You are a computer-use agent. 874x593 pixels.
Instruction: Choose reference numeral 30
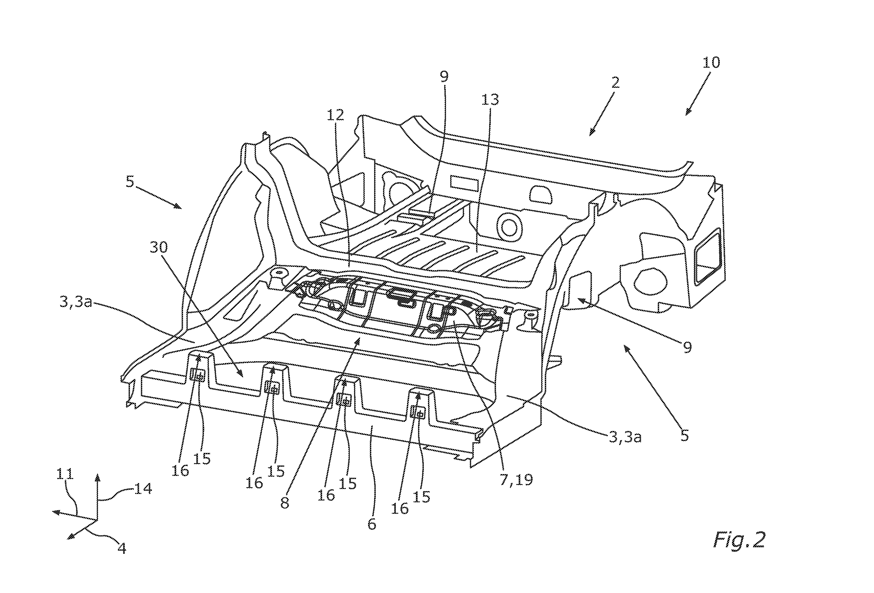(159, 247)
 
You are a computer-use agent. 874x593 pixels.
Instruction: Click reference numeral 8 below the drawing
(285, 503)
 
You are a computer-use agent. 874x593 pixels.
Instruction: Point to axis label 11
(65, 474)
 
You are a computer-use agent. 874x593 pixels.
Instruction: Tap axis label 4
(122, 548)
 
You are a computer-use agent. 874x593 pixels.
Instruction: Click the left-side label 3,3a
(76, 302)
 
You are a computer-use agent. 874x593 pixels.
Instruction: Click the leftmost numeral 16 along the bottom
(180, 470)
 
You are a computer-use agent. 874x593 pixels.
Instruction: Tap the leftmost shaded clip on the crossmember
(198, 375)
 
